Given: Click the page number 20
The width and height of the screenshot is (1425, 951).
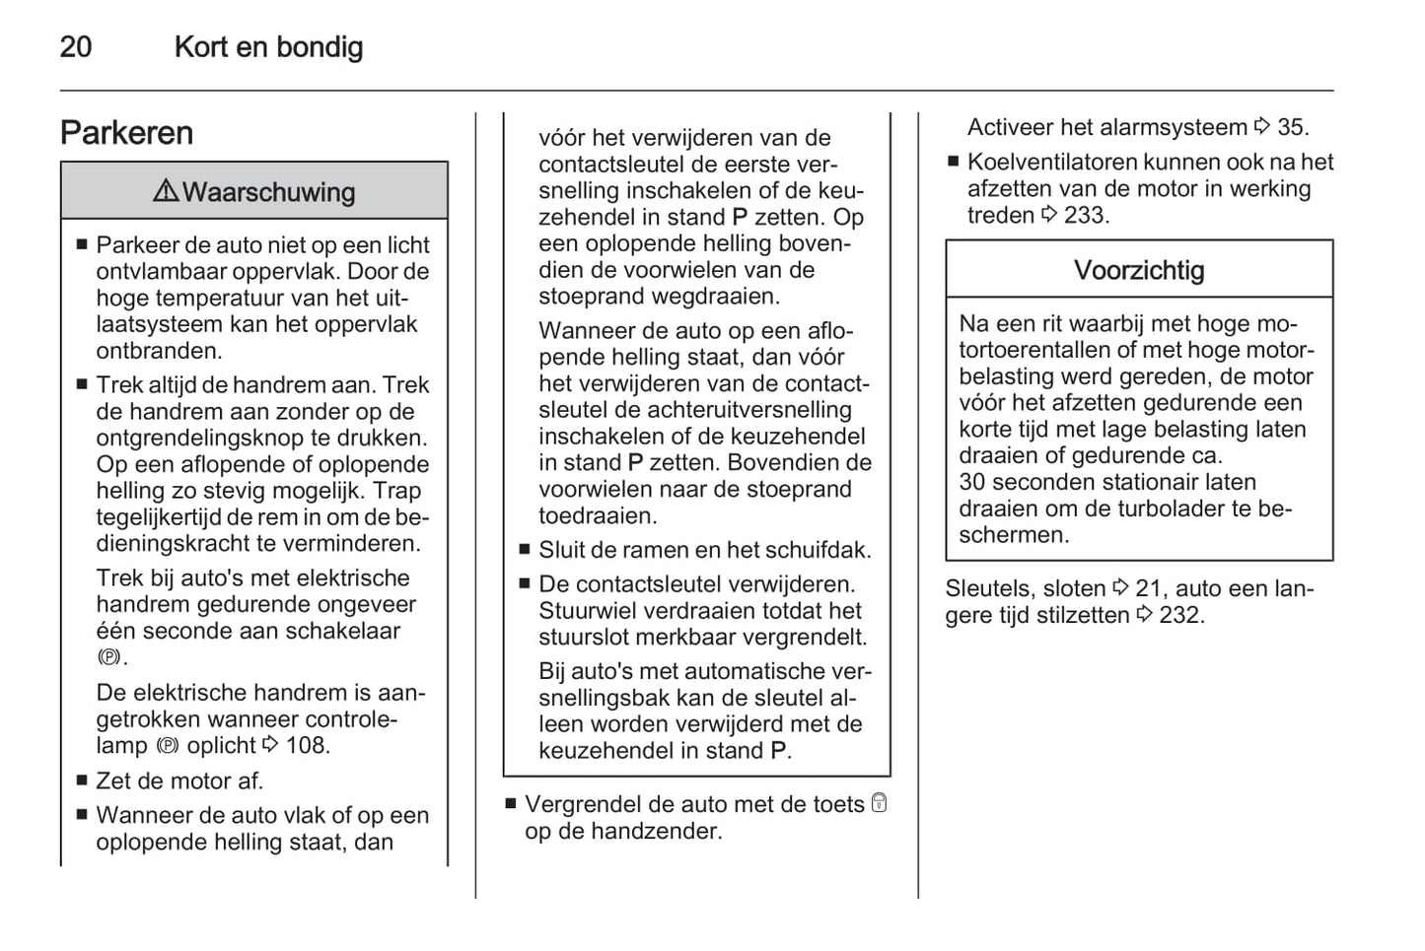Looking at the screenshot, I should click(x=76, y=47).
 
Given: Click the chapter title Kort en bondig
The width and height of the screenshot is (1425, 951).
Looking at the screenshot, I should click(x=268, y=47).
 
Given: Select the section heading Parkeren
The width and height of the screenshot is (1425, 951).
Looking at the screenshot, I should click(x=126, y=133).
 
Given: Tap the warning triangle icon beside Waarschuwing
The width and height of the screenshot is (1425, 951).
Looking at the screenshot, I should click(x=166, y=190).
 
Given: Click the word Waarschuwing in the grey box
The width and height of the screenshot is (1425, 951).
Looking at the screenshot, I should click(x=268, y=192).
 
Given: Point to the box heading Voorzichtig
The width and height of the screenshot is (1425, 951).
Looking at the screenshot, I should click(x=1139, y=270).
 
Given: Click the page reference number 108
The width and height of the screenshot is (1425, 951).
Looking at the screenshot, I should click(x=307, y=746).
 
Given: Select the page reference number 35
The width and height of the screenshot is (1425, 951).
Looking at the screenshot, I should click(x=1292, y=127).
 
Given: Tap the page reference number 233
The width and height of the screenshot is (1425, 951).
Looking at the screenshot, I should click(x=1087, y=216).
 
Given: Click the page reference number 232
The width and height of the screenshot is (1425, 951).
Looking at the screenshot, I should click(x=1180, y=615).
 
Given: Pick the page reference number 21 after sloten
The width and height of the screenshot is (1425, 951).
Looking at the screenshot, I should click(x=1148, y=588).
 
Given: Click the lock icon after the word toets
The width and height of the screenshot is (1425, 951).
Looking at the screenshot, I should click(x=879, y=803).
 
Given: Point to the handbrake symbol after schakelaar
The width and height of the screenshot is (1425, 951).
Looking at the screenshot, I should click(x=108, y=657).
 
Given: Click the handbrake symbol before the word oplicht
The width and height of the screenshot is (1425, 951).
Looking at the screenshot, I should click(x=168, y=746).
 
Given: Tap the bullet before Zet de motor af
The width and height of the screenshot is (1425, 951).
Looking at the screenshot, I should click(x=83, y=781).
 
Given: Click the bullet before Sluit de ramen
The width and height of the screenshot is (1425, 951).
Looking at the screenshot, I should click(x=526, y=550).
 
